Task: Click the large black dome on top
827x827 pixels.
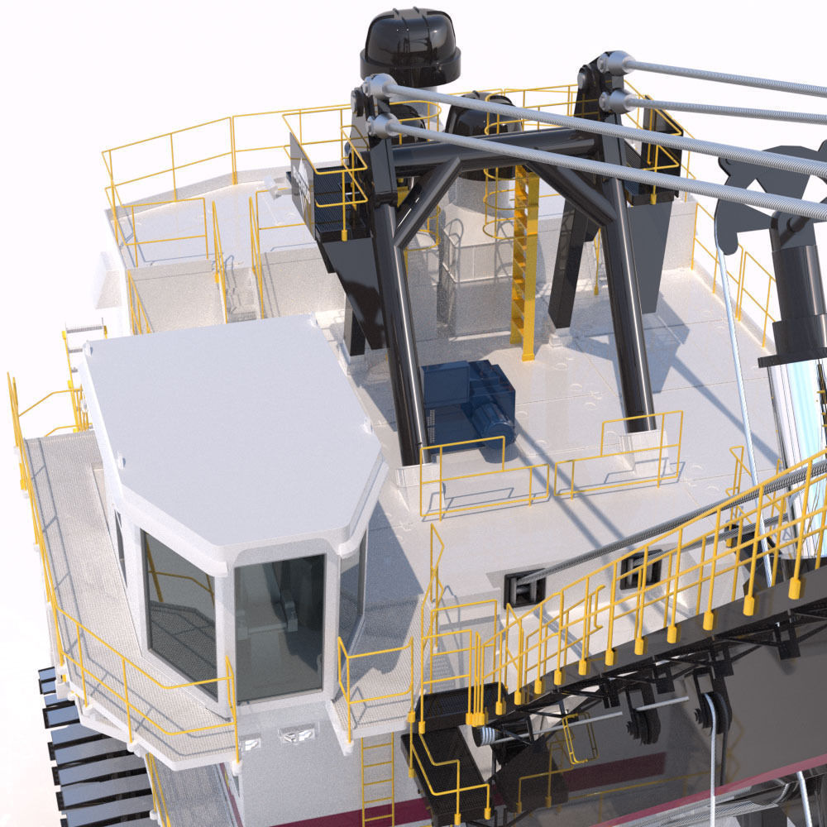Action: tap(409, 45)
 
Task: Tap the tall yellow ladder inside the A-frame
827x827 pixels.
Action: tap(524, 256)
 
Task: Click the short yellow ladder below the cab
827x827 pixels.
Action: tap(377, 777)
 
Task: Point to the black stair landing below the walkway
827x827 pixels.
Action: tap(442, 748)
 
